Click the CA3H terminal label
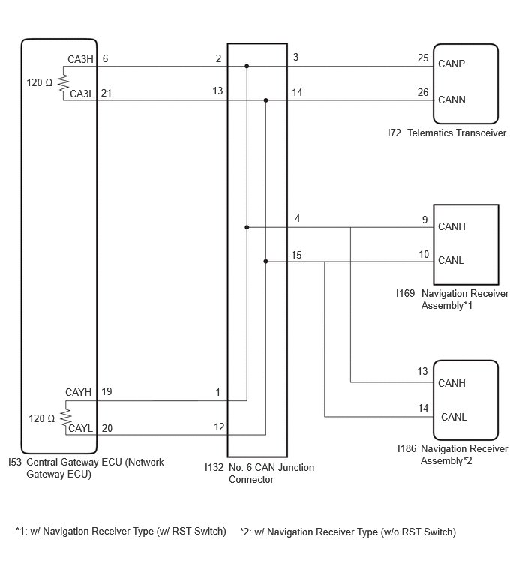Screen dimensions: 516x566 (80, 59)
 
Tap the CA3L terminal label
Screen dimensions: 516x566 (82, 94)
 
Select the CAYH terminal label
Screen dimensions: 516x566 (78, 392)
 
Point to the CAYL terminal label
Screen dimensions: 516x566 (80, 428)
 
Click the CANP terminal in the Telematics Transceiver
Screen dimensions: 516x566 (451, 64)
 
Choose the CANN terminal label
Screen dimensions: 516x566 (451, 100)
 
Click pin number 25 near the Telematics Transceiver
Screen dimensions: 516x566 (423, 58)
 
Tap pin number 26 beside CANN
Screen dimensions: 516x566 (423, 92)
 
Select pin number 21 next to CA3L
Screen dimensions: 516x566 (106, 93)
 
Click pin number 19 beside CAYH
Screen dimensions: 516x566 (106, 391)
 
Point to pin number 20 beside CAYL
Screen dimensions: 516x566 (107, 428)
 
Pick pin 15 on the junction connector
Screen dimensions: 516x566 (296, 255)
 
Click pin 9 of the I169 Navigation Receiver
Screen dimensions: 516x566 (425, 220)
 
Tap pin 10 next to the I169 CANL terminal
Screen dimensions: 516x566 (424, 254)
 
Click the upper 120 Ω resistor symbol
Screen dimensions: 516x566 (64, 83)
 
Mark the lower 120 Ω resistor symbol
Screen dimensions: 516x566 (66, 418)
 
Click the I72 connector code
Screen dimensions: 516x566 (394, 133)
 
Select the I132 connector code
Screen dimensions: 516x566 (214, 468)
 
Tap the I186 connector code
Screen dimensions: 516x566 (406, 449)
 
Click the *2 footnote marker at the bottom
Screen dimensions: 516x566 (245, 532)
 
